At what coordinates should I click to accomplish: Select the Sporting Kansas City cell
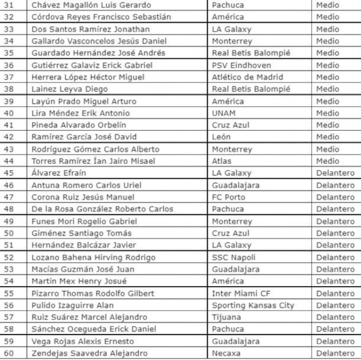click(x=252, y=305)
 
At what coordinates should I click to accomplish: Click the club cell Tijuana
click(x=226, y=317)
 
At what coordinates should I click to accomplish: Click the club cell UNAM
click(x=223, y=113)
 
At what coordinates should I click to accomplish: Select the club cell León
click(x=222, y=137)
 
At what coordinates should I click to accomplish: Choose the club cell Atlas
click(x=222, y=161)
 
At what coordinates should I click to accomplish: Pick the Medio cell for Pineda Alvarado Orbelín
click(x=327, y=125)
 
